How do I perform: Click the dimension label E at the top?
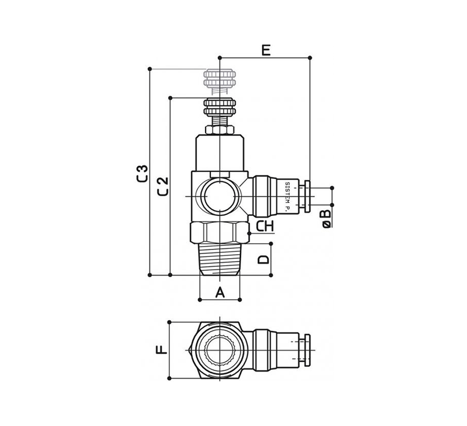click(266, 50)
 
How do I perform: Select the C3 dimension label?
click(143, 173)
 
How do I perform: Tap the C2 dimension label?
click(163, 186)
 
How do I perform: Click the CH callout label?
click(265, 227)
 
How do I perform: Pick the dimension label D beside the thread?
click(263, 259)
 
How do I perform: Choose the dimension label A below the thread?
click(220, 292)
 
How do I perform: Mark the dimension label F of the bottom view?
click(162, 350)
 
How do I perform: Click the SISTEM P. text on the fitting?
click(287, 197)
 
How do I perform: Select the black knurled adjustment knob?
click(220, 107)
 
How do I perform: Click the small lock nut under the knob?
click(220, 130)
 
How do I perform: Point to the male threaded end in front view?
click(220, 259)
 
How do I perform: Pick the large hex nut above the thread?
click(220, 233)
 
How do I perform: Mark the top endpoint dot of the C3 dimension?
click(150, 69)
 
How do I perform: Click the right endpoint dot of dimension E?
click(310, 57)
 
